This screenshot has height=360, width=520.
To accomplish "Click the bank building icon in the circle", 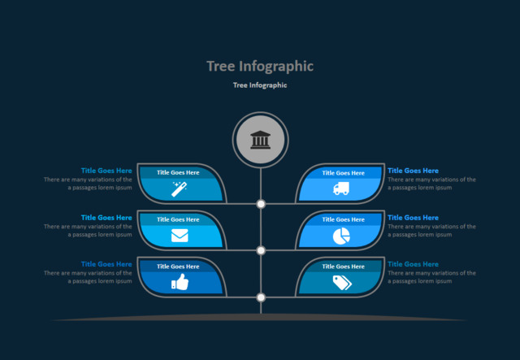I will [x=261, y=140].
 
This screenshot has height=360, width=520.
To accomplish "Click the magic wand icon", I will [x=180, y=189].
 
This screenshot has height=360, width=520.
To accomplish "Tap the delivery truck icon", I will [x=341, y=189].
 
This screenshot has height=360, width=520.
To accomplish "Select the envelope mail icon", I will [x=180, y=236].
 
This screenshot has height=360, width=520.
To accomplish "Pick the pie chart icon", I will [x=341, y=236].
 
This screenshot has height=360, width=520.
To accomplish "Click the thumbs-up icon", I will [x=180, y=282].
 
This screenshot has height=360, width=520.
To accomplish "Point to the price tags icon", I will [x=341, y=282].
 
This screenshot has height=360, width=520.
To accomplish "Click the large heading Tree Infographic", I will [x=260, y=66].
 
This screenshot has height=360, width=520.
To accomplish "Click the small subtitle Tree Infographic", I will [x=260, y=85].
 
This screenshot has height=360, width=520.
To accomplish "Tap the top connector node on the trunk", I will [x=261, y=204].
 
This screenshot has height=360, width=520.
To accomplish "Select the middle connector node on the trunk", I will [x=261, y=250].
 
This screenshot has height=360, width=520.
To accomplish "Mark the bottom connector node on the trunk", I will [x=261, y=297].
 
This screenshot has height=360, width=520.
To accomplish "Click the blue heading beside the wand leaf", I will [x=106, y=171].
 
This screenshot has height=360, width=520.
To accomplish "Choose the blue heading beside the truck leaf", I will [x=413, y=171].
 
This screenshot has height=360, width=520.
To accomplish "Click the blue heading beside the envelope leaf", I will [x=106, y=218].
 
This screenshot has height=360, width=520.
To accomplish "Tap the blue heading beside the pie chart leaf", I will [x=413, y=218].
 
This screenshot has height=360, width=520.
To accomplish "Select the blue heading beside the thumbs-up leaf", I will [x=106, y=264].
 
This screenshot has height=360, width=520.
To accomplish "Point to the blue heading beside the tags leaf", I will [x=413, y=264].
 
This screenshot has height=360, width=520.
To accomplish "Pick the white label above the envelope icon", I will [x=178, y=219].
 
